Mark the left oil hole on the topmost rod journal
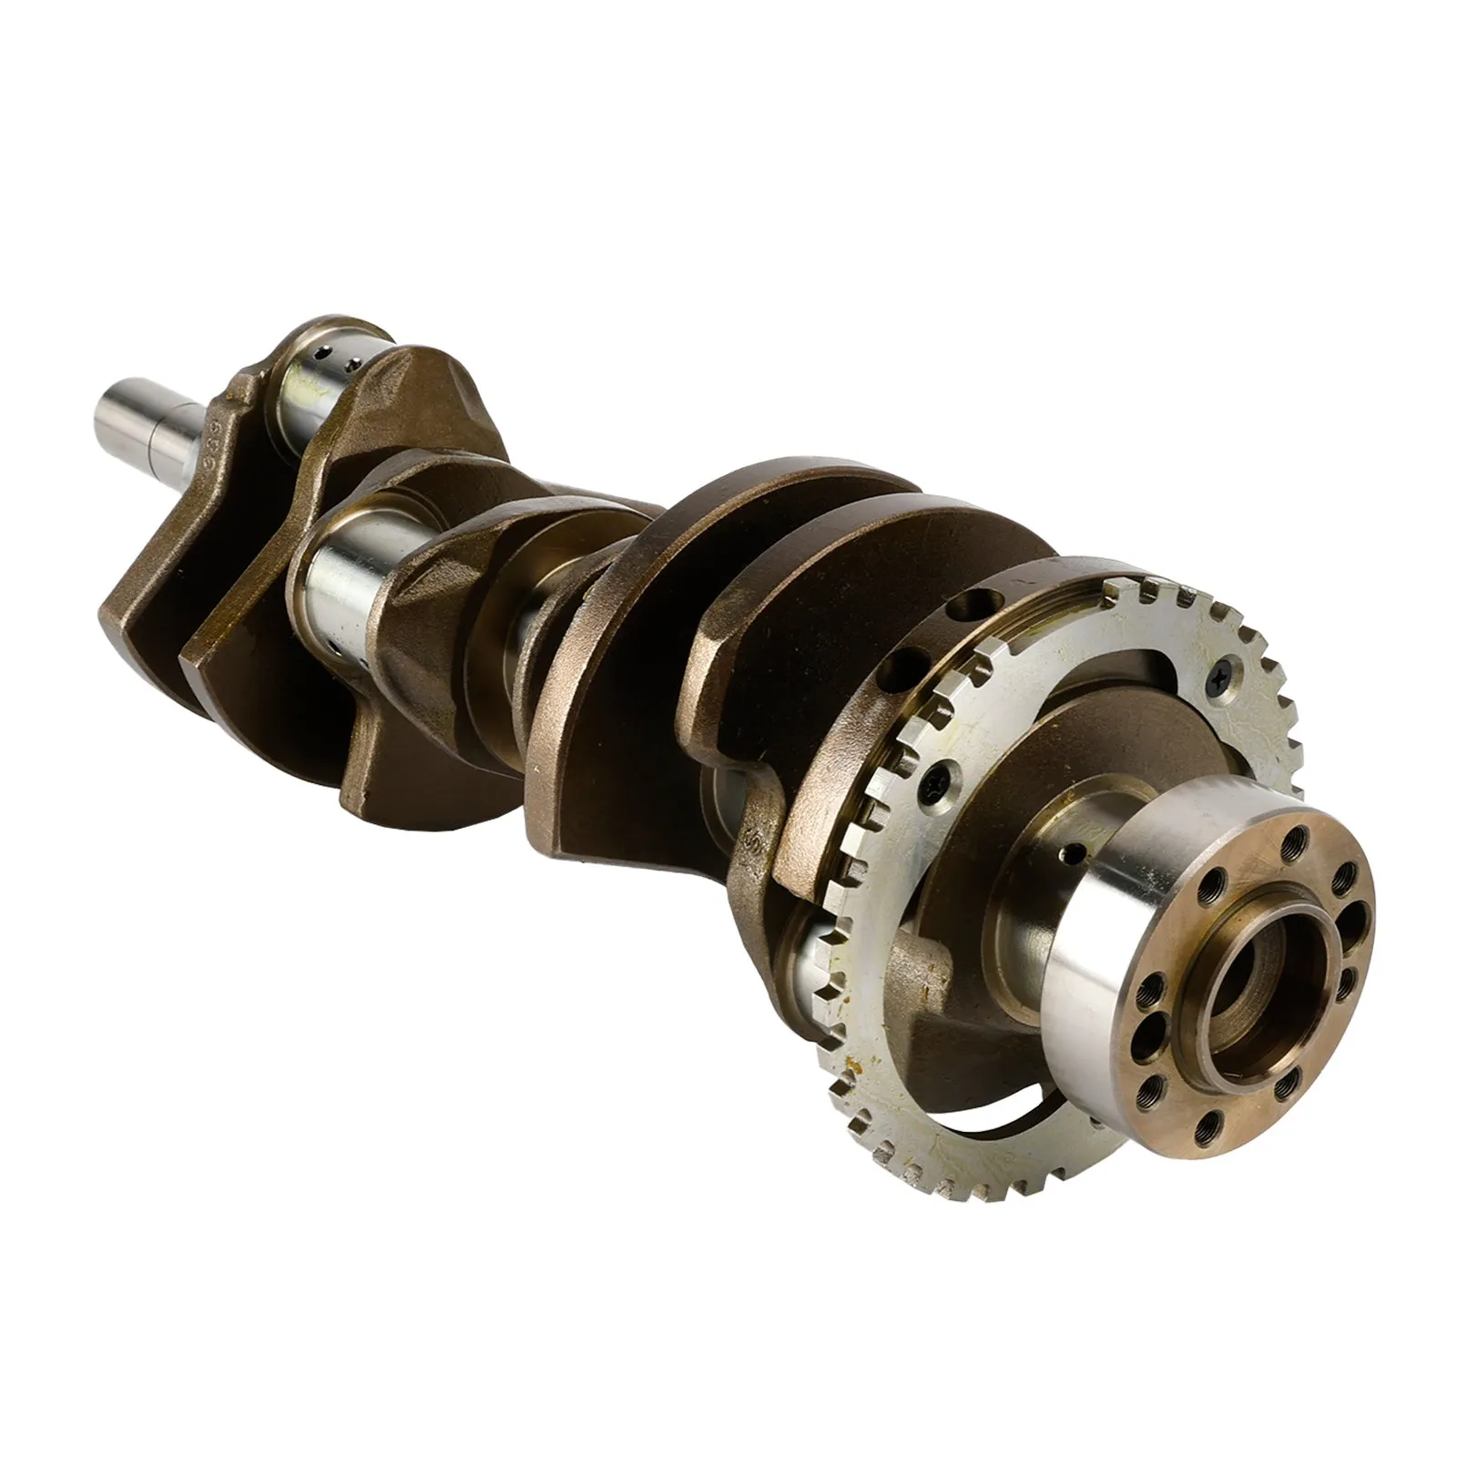click(320, 352)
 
